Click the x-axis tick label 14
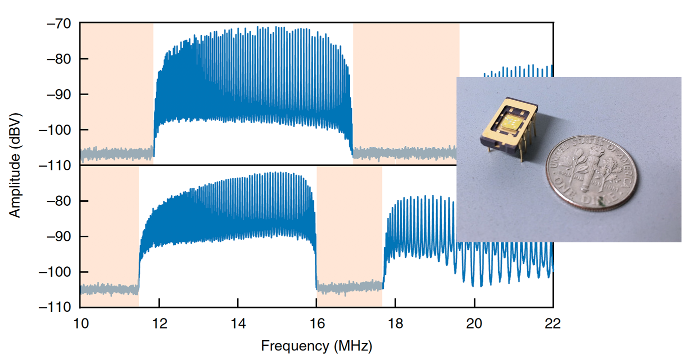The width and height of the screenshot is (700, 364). tap(238, 323)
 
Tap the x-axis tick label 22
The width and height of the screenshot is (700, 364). tap(552, 323)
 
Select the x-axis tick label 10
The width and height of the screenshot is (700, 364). tap(80, 323)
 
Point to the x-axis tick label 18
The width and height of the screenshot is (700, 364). tap(395, 323)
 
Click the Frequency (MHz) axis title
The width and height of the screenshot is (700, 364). tap(316, 345)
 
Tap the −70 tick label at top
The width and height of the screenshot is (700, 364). tap(58, 23)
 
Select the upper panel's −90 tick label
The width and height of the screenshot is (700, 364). tap(58, 94)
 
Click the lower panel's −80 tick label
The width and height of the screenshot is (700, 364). tap(58, 201)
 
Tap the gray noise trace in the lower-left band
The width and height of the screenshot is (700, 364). tap(109, 289)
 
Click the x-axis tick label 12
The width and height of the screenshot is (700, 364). tap(159, 323)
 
